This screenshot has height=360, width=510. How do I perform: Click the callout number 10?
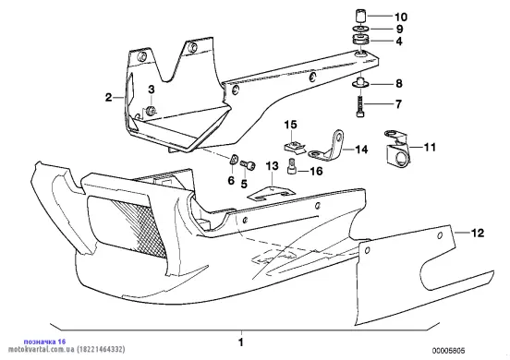tap(401, 17)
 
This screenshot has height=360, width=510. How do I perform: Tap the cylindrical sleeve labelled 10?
tap(360, 16)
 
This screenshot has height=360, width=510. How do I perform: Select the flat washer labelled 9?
tap(360, 29)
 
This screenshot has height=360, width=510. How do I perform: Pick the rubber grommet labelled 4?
tap(360, 40)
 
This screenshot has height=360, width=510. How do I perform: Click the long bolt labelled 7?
tap(359, 104)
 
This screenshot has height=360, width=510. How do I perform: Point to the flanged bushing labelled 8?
tap(360, 82)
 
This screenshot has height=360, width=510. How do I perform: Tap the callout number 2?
tap(109, 97)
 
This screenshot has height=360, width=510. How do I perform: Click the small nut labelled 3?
tap(151, 111)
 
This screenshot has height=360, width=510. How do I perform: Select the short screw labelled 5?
tap(248, 165)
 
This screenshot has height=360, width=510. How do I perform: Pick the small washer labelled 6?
tap(234, 159)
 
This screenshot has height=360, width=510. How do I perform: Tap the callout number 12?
tap(478, 233)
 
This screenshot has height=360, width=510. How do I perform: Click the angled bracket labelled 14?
tap(326, 146)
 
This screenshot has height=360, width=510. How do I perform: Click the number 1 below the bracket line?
tap(241, 342)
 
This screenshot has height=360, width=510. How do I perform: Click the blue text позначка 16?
tap(45, 342)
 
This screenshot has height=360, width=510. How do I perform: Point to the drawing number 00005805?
tap(448, 351)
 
